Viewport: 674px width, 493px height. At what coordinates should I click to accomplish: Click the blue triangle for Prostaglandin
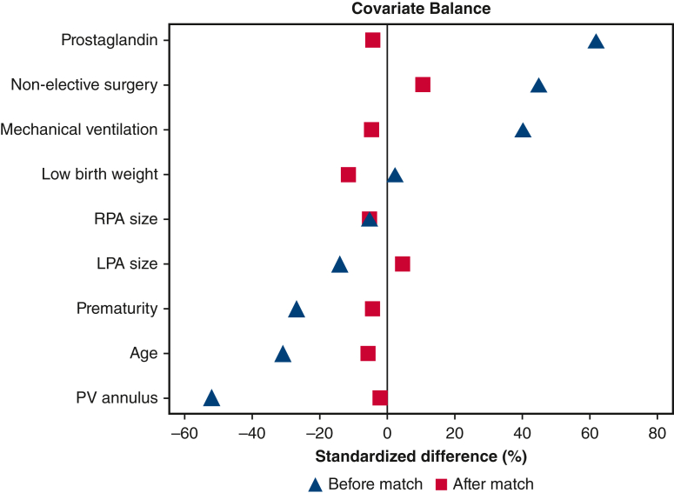pos(596,41)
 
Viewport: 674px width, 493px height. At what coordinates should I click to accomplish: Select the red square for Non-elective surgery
pos(423,84)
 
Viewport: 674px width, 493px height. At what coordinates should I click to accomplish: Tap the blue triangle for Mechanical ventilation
pos(523,130)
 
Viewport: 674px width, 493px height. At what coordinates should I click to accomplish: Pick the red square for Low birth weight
pos(349,175)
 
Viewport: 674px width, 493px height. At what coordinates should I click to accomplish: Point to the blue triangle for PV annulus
pos(211,398)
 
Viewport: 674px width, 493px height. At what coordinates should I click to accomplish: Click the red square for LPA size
pos(403,263)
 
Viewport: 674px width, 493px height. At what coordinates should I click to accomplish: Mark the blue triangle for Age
pos(283,354)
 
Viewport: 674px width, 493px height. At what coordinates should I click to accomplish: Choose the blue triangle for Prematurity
pos(297,310)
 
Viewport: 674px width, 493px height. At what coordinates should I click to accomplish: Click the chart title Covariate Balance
pos(421,10)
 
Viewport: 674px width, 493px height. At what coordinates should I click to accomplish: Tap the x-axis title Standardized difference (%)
pos(421,456)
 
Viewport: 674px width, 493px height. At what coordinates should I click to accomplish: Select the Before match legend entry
pos(366,483)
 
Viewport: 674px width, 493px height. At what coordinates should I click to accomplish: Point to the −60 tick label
pos(184,432)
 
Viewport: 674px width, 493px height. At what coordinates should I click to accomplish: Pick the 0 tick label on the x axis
pos(387,432)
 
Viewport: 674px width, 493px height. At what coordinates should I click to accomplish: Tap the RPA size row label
pos(125,219)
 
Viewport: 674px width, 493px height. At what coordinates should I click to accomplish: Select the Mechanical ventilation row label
pos(79,130)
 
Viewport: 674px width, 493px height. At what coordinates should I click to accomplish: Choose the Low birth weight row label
pos(100,175)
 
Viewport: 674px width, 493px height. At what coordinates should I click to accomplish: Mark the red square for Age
pos(368,353)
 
